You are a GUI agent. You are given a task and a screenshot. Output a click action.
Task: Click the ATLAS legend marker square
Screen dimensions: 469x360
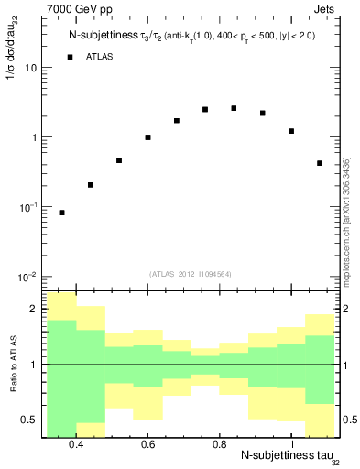click(69, 57)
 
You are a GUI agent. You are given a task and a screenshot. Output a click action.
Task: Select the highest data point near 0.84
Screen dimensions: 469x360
click(234, 108)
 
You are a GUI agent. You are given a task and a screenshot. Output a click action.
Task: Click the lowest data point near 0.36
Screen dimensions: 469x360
click(61, 213)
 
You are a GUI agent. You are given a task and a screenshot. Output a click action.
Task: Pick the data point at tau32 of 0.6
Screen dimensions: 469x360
click(147, 137)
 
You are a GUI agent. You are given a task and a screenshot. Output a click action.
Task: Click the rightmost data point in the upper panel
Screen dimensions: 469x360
click(319, 163)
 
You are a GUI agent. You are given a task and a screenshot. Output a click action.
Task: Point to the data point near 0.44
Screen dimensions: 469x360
click(91, 185)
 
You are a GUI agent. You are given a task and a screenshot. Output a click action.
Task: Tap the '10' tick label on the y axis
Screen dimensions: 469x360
click(30, 68)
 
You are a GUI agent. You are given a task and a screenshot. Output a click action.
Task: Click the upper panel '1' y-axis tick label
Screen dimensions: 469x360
click(33, 137)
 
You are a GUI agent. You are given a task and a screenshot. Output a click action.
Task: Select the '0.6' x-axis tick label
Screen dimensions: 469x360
click(147, 444)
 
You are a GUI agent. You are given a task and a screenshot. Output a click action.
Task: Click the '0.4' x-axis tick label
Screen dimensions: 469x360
click(76, 444)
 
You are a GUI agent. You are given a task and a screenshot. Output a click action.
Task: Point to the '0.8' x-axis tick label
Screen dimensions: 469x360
click(219, 444)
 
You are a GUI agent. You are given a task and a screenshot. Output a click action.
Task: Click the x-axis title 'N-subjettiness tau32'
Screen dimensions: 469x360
click(276, 456)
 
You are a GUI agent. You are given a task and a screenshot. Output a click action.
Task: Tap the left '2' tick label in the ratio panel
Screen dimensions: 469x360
click(34, 310)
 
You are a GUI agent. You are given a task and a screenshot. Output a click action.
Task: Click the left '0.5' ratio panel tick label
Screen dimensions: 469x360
click(28, 420)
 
